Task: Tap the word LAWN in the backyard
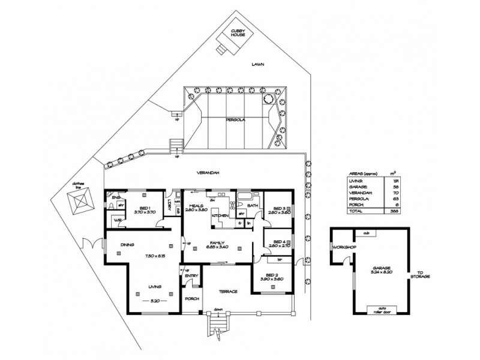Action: click(258, 64)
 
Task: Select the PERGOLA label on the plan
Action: click(234, 119)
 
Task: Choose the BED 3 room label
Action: click(277, 208)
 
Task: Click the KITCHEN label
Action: click(220, 215)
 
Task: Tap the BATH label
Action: click(253, 205)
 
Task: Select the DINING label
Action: click(126, 245)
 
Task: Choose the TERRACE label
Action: click(229, 292)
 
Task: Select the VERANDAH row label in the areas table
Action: click(359, 192)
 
